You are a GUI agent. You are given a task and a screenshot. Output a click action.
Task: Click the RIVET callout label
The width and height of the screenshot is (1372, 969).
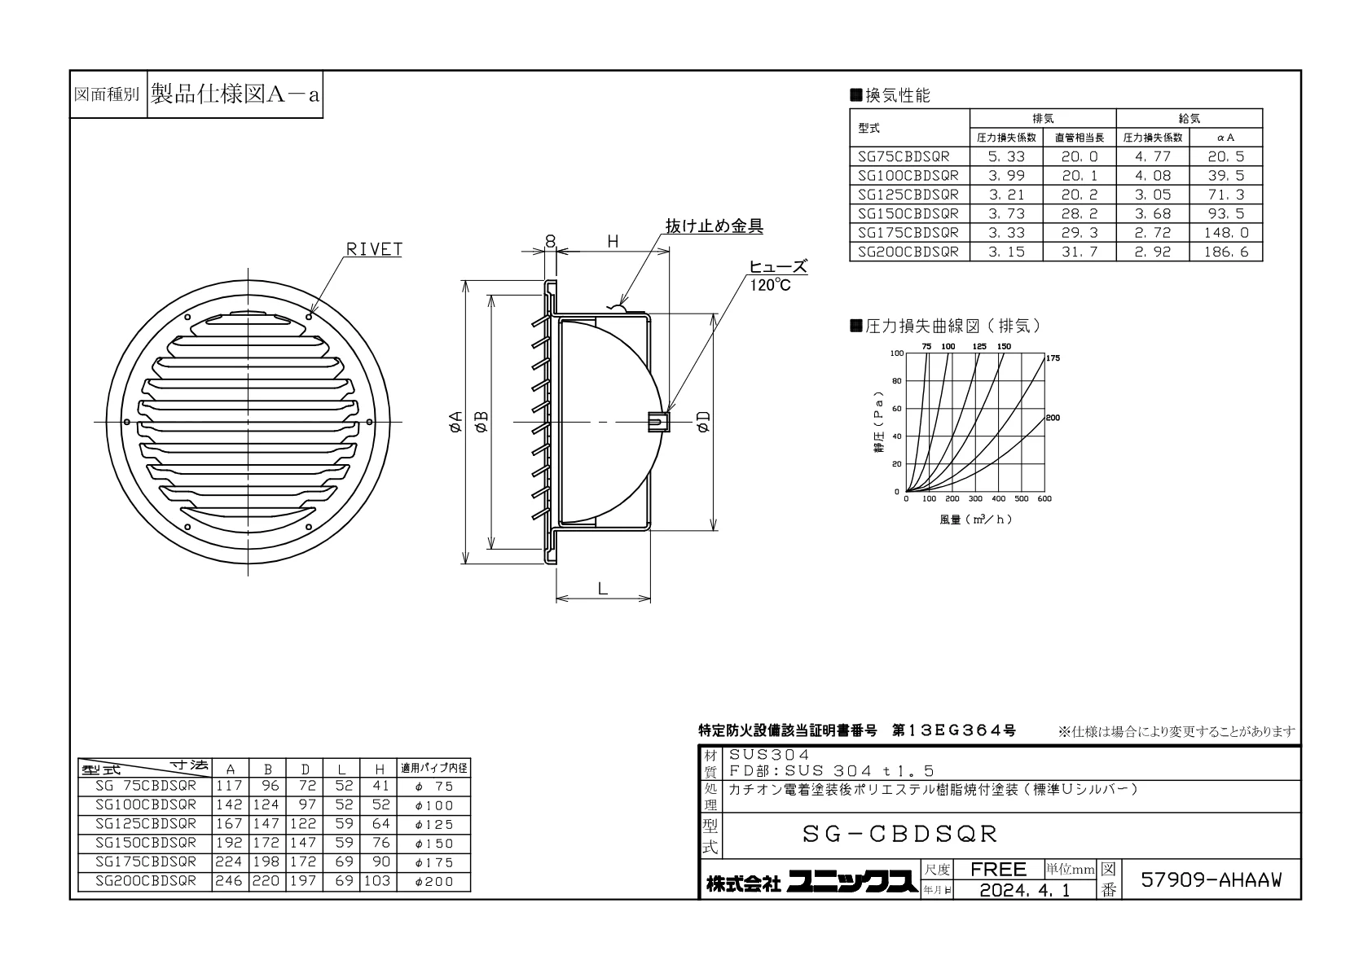click(x=374, y=249)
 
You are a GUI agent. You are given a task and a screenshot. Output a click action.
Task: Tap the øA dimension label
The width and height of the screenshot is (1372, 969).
click(x=455, y=422)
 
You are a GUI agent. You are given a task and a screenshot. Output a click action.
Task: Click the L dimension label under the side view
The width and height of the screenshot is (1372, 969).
click(x=603, y=589)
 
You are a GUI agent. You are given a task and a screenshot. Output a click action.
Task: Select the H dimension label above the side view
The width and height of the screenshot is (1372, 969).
click(x=613, y=242)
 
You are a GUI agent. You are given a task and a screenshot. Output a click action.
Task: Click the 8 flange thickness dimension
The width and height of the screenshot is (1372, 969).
click(x=550, y=242)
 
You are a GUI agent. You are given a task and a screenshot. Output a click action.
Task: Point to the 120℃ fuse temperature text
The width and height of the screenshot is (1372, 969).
click(x=770, y=285)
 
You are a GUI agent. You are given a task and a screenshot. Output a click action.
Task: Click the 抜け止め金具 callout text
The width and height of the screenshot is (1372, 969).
click(x=715, y=226)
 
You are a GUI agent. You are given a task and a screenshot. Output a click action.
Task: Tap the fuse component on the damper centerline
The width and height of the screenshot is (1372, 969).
click(x=658, y=422)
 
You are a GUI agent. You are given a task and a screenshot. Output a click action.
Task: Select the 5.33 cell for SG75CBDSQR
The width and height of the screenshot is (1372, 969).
click(x=1006, y=156)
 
